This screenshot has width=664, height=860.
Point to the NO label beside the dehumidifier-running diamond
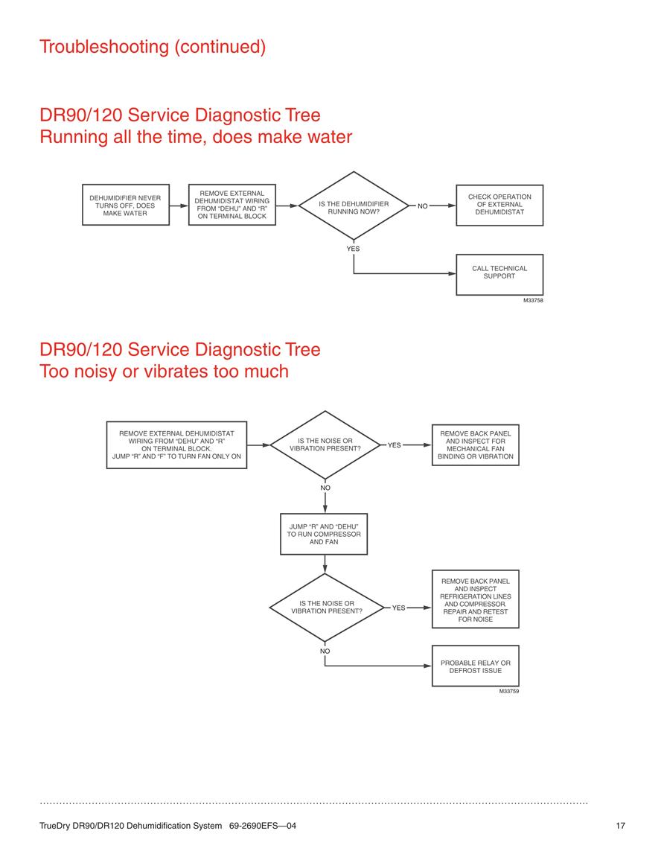[422, 206]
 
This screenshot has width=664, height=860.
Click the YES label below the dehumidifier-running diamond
[353, 249]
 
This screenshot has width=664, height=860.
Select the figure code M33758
[533, 301]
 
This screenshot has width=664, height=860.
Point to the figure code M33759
[509, 691]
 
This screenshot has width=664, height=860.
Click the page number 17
[620, 826]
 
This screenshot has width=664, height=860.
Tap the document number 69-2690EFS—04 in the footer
[263, 826]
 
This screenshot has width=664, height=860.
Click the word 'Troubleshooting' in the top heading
[104, 47]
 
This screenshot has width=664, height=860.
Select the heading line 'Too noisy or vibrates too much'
[164, 372]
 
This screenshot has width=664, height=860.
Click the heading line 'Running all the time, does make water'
[196, 136]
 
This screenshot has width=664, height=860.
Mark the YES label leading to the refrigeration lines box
[398, 608]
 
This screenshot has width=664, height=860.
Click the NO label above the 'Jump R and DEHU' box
[325, 488]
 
